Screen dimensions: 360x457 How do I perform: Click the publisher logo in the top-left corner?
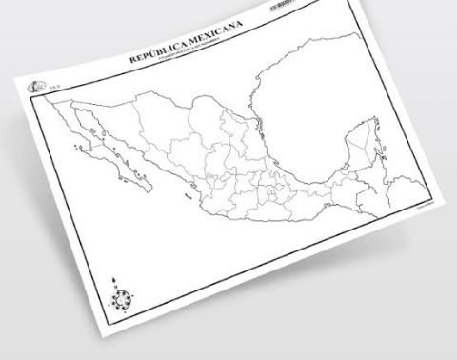tap(36, 88)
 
